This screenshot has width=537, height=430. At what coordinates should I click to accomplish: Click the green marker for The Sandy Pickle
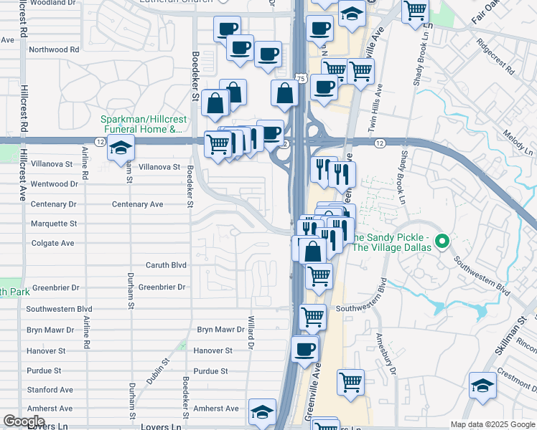(443, 242)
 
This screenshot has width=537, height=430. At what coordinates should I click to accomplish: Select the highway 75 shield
(300, 77)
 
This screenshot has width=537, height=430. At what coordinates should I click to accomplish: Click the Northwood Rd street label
(53, 49)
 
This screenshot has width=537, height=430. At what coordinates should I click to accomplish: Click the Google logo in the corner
(24, 421)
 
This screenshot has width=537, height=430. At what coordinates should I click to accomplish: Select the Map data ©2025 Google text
(492, 424)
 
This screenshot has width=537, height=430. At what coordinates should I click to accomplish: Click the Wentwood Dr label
(54, 184)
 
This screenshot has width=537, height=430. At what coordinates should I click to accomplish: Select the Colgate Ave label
(52, 243)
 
